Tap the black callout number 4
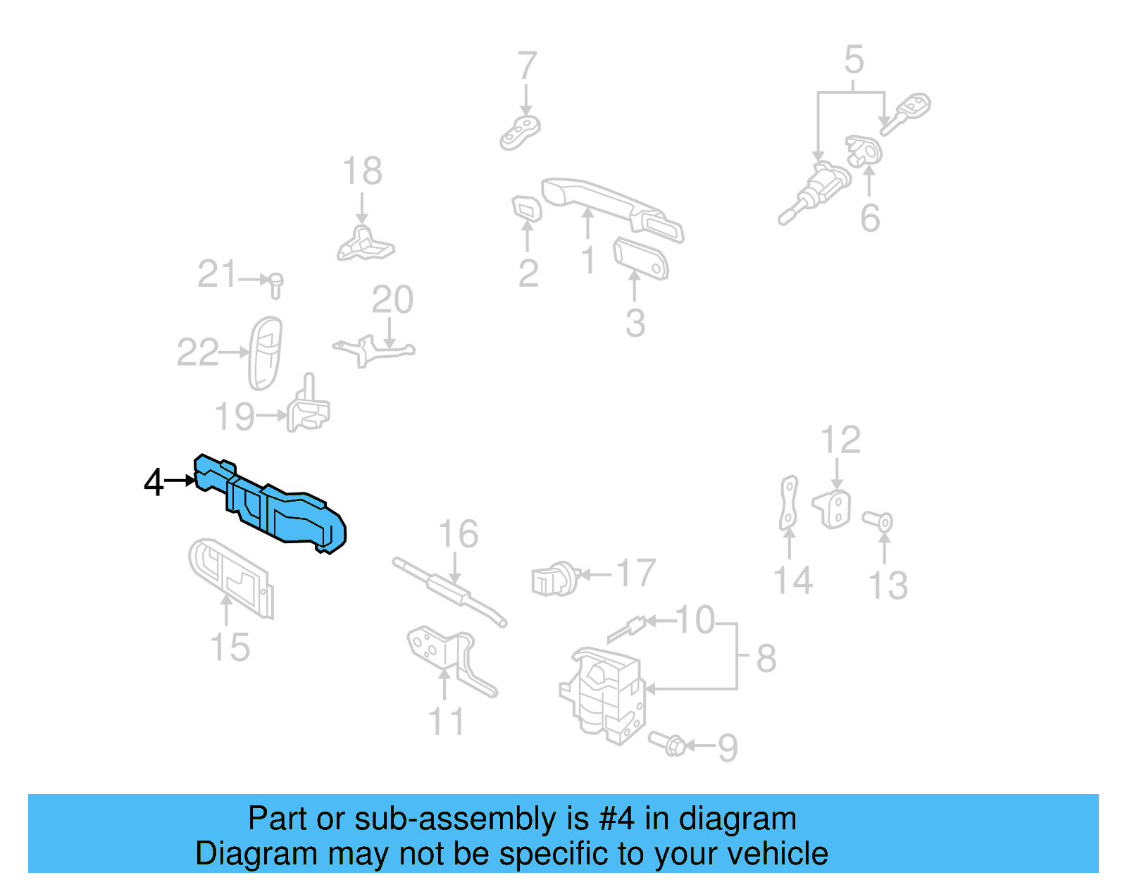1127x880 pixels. pyautogui.click(x=153, y=483)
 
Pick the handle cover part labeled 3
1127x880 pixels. pyautogui.click(x=640, y=258)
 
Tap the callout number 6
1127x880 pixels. pyautogui.click(x=870, y=218)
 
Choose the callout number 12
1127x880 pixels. pyautogui.click(x=840, y=440)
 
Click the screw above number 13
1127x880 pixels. pyautogui.click(x=879, y=521)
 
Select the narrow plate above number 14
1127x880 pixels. pyautogui.click(x=789, y=502)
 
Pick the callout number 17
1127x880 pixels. pyautogui.click(x=636, y=574)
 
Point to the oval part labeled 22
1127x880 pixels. pyautogui.click(x=266, y=352)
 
